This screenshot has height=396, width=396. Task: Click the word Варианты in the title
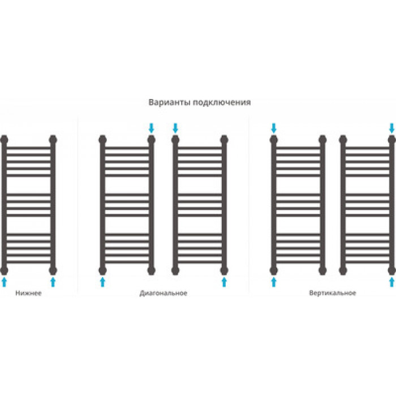(170, 102)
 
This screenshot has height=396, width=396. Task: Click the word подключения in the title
(222, 103)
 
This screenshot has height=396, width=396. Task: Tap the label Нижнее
(28, 293)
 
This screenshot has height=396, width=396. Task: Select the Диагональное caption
(163, 293)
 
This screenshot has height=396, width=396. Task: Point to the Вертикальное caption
(333, 293)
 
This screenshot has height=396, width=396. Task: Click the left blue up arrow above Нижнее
(4, 282)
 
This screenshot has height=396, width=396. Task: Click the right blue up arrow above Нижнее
(53, 282)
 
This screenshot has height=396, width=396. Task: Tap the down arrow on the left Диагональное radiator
(151, 128)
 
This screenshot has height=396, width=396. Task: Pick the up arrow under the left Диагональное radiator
(102, 282)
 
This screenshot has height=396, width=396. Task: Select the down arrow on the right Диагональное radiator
(175, 128)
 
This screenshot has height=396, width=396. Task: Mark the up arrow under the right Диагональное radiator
(224, 282)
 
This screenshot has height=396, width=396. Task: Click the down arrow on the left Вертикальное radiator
(274, 128)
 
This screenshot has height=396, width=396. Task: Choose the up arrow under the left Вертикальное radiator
(274, 282)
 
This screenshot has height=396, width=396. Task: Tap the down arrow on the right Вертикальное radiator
(391, 128)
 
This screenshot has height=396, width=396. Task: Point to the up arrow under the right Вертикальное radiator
(391, 282)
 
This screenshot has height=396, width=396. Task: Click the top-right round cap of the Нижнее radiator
(53, 140)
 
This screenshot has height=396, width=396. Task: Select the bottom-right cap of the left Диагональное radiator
(151, 270)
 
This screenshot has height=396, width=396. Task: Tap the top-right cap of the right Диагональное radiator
(224, 140)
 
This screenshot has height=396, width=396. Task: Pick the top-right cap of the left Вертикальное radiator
(322, 140)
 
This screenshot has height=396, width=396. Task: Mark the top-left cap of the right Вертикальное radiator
(343, 140)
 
